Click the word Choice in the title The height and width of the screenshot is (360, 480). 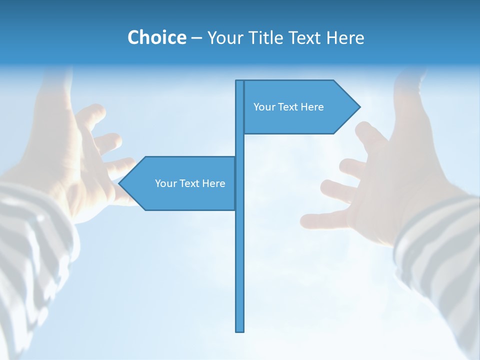click(156, 37)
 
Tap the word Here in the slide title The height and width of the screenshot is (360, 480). click(345, 37)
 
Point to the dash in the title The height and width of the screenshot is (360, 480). click(196, 38)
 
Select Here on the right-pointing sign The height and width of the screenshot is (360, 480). click(312, 107)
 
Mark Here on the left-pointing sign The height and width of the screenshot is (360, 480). click(213, 183)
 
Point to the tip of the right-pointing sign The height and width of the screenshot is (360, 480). click(359, 106)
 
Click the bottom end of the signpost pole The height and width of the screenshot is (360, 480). click(240, 330)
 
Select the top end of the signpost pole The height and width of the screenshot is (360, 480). click(240, 81)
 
